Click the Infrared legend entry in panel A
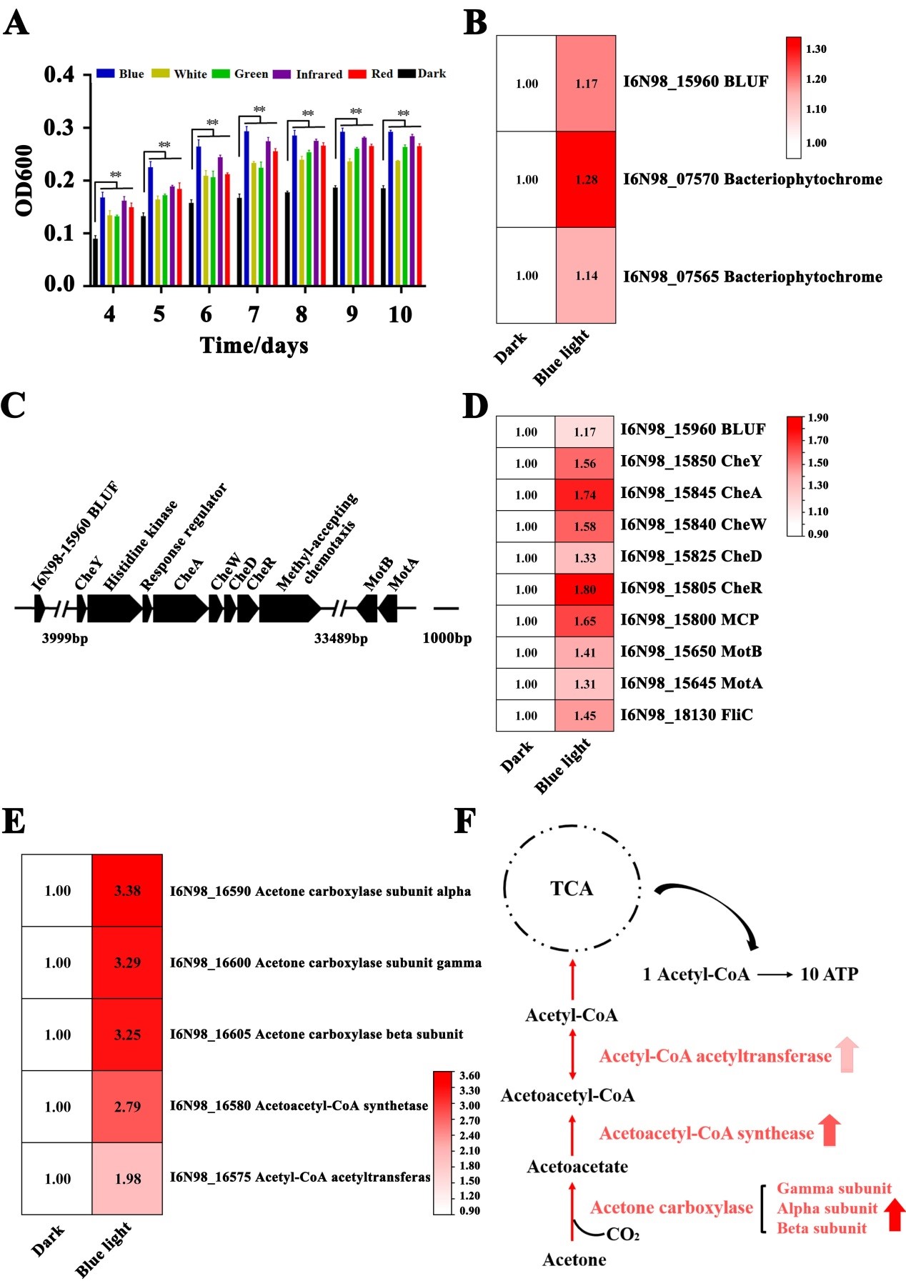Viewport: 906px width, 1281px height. pos(319,74)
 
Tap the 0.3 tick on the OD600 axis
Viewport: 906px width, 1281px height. pos(59,128)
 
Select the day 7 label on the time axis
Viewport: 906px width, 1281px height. pos(254,314)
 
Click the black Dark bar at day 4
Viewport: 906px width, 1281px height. pos(95,262)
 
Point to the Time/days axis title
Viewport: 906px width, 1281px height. pos(254,346)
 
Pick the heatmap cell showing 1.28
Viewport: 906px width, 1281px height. pos(586,179)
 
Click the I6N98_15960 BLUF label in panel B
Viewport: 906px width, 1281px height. pos(695,82)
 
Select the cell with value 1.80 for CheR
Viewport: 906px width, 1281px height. pos(584,589)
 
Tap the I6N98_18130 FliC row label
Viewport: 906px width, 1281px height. pos(686,715)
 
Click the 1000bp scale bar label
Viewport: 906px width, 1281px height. pos(447,639)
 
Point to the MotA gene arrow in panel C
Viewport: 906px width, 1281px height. pos(388,608)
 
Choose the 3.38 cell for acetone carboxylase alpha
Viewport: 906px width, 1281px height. pos(127,891)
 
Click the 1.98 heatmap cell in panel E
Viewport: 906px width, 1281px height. pos(127,1179)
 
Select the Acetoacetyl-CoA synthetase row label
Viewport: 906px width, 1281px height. pos(299,1106)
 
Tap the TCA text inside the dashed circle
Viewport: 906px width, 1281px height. pos(572,889)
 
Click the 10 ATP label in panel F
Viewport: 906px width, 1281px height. pos(829,975)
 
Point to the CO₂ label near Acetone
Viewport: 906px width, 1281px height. pos(622,1235)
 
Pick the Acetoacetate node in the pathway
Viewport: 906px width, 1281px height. pos(577,1167)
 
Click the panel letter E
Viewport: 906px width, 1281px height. pos(14,822)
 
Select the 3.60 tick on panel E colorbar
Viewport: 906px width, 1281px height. pos(469,1076)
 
